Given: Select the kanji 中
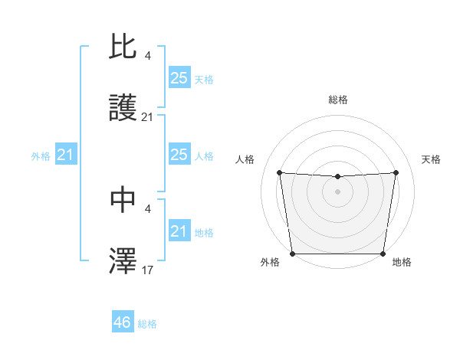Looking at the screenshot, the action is tap(123, 200).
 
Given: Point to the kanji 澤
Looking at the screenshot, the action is tap(123, 260).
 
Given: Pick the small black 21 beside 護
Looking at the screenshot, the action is tap(148, 116).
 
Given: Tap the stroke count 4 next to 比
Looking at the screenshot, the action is tap(148, 56).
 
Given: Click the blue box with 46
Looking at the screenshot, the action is tap(123, 322).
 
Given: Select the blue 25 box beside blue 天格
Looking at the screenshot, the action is tap(179, 78).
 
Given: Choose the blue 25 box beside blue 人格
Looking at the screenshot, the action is tap(179, 155).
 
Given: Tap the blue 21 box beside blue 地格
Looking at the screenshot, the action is tap(179, 231).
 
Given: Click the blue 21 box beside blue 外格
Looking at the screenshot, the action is tap(65, 155).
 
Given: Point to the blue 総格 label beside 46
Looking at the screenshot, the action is tap(147, 324).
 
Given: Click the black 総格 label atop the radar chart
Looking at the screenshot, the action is tap(337, 100).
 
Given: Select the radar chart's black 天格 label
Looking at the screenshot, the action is tap(431, 159).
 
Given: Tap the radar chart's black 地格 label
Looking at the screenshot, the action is tap(402, 263).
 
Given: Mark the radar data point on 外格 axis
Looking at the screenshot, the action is tap(292, 254).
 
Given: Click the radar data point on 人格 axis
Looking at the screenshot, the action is tap(279, 172).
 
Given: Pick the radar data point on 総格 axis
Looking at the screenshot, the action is tap(337, 177).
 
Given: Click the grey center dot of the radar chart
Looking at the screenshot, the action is tap(337, 191).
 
